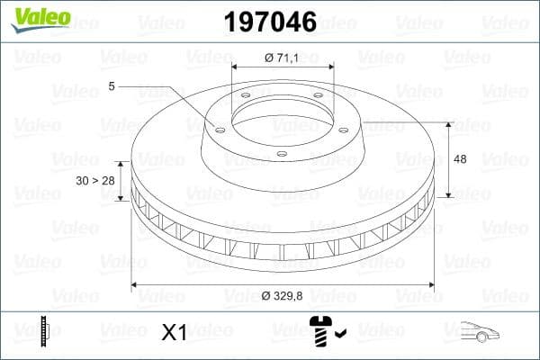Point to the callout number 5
coord(112,86)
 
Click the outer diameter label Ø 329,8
coord(285,295)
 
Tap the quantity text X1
coord(173,333)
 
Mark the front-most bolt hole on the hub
coord(281,154)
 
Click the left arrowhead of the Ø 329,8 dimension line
coord(135,284)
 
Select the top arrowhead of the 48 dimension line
coord(447,121)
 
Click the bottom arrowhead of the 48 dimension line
coord(447,194)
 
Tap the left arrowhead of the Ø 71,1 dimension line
coord(235,67)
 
